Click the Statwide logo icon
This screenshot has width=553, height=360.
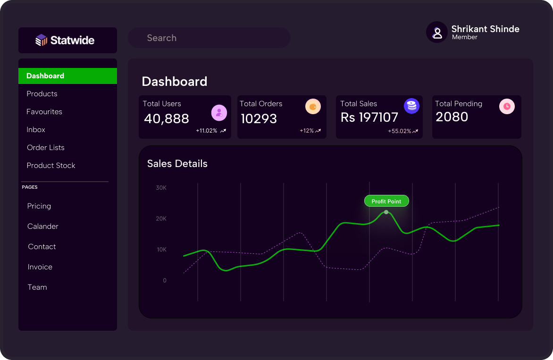click(42, 41)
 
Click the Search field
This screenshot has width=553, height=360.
click(209, 38)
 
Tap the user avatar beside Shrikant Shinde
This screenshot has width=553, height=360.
click(437, 33)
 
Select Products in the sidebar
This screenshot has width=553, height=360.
click(42, 94)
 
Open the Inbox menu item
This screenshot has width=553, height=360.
click(36, 130)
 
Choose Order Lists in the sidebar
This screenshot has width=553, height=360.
click(46, 148)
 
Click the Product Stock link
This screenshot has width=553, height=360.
click(51, 166)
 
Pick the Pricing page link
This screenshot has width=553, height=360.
click(39, 206)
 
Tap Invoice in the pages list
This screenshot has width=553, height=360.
click(40, 267)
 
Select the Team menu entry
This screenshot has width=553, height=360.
click(37, 287)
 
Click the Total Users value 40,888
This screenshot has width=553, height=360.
click(167, 119)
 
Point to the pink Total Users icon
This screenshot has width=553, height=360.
click(219, 113)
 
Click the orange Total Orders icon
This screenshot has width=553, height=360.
click(313, 107)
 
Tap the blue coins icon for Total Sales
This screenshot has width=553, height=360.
click(411, 106)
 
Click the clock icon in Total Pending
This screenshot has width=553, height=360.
click(507, 107)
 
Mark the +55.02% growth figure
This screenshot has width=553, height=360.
click(400, 131)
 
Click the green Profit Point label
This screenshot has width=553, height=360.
click(386, 201)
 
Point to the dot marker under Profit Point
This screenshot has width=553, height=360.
click(386, 212)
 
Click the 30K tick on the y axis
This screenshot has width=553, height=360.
click(161, 188)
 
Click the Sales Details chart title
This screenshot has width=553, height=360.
click(177, 164)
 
